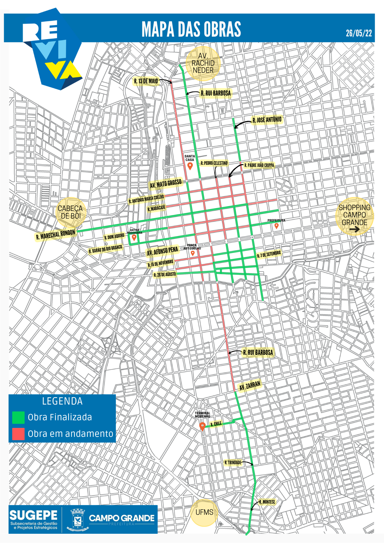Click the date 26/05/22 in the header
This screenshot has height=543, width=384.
click(359, 33)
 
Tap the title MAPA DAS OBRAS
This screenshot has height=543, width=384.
click(191, 29)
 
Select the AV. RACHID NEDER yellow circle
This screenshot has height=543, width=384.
click(203, 64)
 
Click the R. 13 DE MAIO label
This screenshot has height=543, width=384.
click(146, 81)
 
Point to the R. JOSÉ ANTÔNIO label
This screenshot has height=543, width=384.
click(267, 120)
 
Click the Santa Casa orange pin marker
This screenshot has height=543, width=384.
click(190, 166)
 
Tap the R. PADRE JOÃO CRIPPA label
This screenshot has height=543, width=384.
click(259, 165)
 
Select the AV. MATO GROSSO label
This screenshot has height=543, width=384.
click(166, 184)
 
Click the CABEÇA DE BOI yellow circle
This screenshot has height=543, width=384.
click(71, 212)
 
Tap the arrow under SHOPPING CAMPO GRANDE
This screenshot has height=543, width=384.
click(354, 230)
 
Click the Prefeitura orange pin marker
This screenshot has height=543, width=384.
click(276, 226)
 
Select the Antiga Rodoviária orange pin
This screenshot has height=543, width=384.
click(134, 238)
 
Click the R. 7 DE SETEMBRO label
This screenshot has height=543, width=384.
click(269, 254)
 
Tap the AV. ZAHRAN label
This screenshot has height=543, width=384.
click(250, 386)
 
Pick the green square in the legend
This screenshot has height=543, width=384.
click(18, 418)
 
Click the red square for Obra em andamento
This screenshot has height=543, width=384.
click(18, 434)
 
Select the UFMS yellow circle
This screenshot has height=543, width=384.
click(204, 513)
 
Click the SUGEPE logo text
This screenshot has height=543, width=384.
click(33, 515)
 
